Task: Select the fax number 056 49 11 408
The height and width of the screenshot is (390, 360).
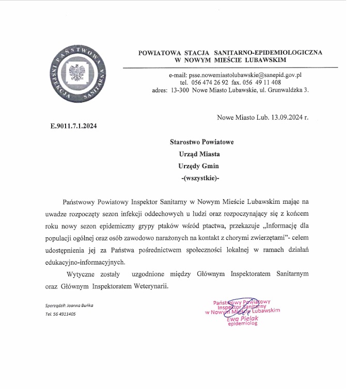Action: (263, 82)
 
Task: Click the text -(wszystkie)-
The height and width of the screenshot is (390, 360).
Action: (201, 178)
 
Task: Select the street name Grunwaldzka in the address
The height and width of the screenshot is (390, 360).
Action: (287, 90)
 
